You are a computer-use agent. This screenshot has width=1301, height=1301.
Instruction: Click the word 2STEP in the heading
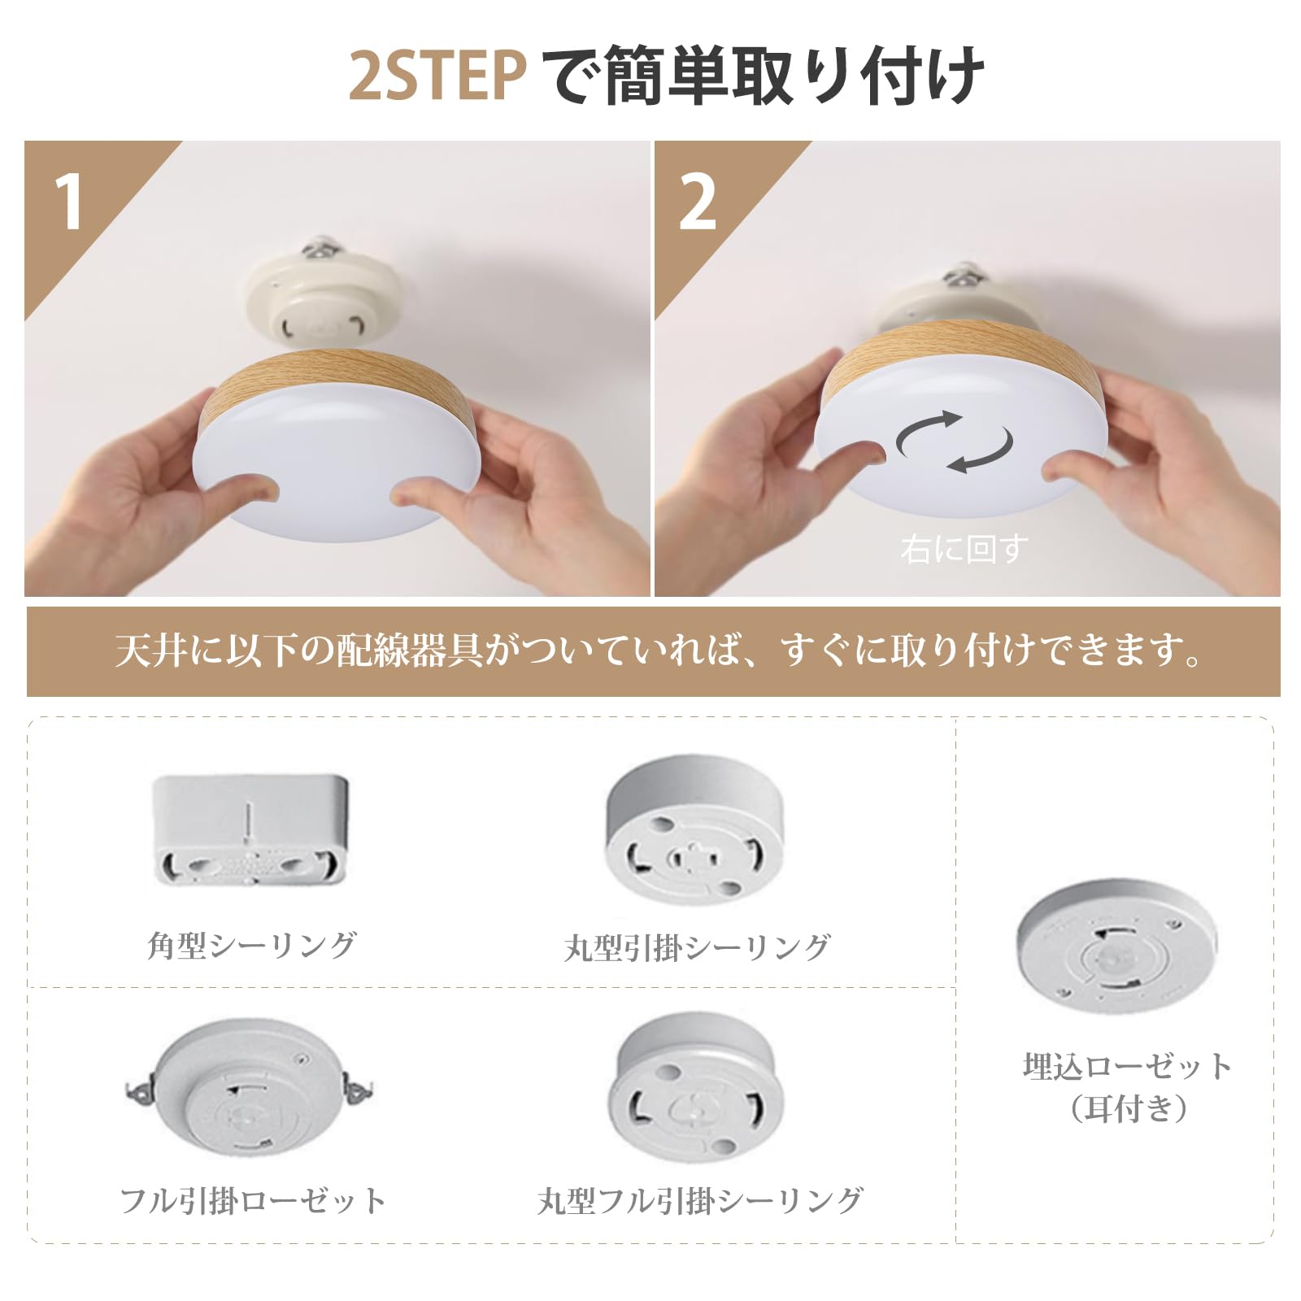click(438, 76)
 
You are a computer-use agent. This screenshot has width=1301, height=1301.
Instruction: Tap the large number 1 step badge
click(68, 202)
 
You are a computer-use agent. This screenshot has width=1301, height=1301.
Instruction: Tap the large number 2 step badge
click(697, 202)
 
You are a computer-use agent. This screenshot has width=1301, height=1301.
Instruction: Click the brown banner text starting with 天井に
click(658, 650)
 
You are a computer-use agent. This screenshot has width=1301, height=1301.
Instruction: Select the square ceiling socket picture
click(251, 829)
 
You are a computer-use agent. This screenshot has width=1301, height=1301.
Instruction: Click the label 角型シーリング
click(251, 945)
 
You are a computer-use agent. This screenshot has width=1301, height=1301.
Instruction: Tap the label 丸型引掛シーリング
click(697, 947)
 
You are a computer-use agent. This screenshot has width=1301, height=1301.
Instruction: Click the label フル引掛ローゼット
click(252, 1200)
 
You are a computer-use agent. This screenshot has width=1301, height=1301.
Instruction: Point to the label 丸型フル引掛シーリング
click(699, 1201)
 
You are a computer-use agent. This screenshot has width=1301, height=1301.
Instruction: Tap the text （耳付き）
click(1128, 1107)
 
